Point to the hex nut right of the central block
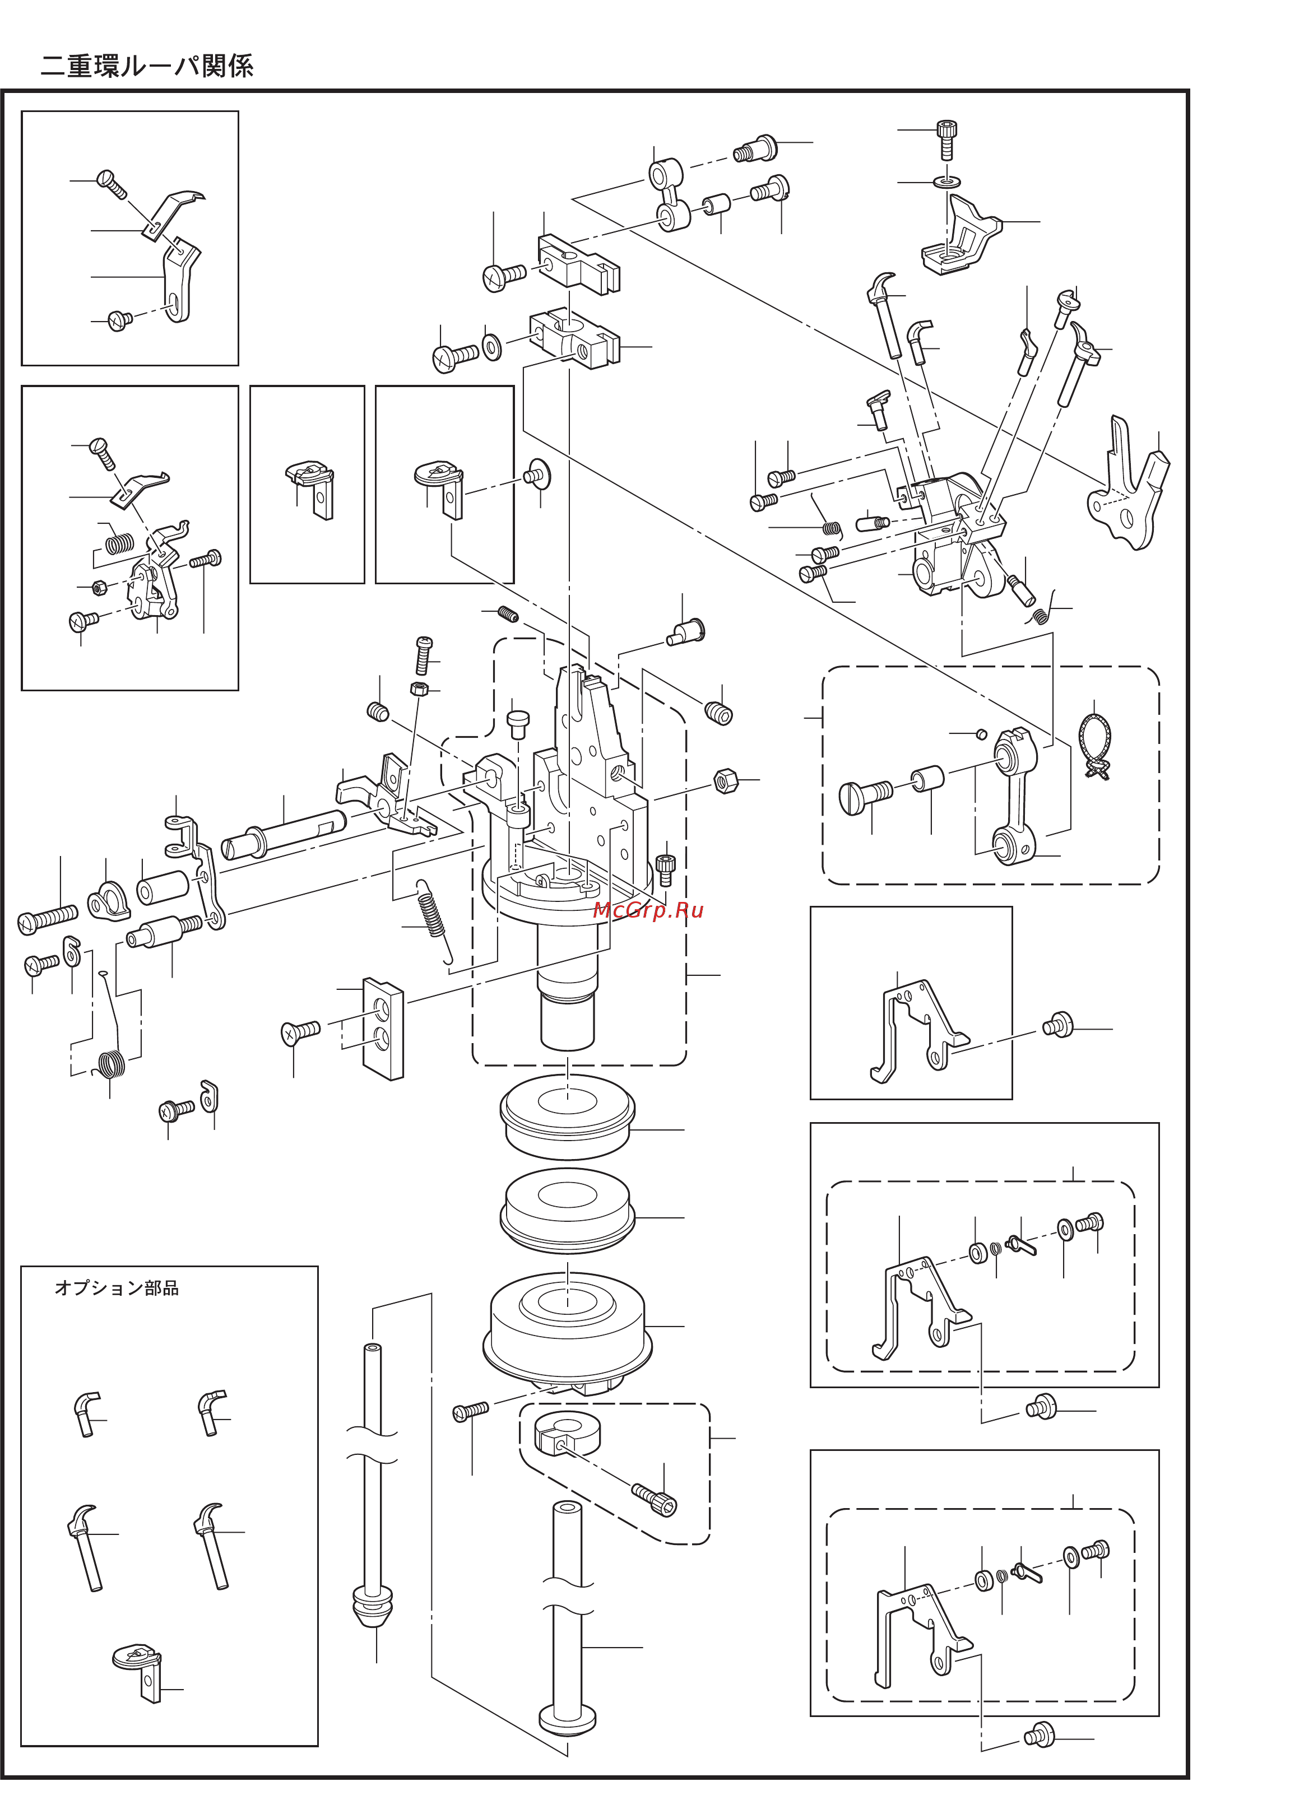pos(725,781)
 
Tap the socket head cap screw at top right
pos(946,139)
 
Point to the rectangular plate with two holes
pos(383,1029)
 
